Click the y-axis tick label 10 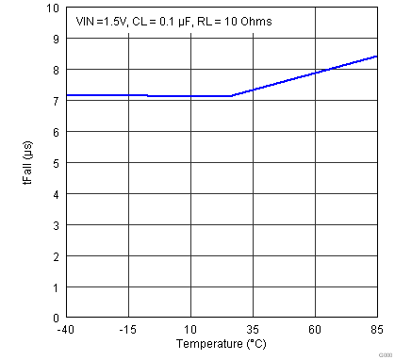click(52, 8)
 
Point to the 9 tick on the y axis click(55, 39)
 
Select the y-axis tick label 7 click(55, 101)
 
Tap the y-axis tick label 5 click(55, 163)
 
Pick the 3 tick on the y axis click(55, 225)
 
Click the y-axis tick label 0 click(55, 318)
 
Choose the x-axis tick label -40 click(65, 330)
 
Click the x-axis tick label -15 click(127, 330)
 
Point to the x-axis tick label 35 click(253, 330)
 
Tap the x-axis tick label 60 click(315, 330)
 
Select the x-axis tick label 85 click(377, 330)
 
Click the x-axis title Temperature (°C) click(221, 344)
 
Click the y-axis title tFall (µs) click(28, 162)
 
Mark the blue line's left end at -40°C click(66, 95)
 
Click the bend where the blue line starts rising click(232, 96)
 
